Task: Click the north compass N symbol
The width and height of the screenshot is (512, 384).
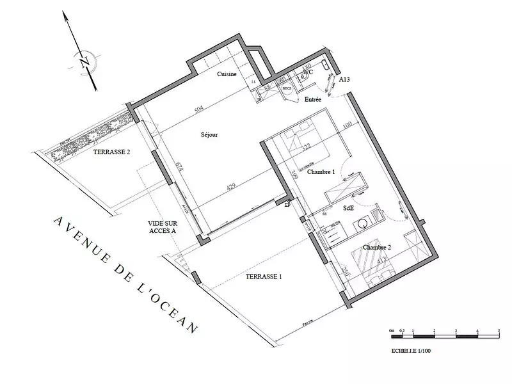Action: (x=84, y=62)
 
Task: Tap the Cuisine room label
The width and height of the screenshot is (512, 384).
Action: (x=227, y=74)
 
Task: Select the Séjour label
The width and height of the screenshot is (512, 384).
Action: (x=209, y=135)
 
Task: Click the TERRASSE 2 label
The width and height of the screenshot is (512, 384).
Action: (x=112, y=152)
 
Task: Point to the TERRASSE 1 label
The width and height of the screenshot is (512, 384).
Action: (x=264, y=277)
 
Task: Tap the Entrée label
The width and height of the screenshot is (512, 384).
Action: (x=313, y=99)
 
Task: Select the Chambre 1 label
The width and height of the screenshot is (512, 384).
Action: (x=321, y=173)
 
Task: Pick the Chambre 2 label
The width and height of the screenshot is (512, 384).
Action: (x=376, y=246)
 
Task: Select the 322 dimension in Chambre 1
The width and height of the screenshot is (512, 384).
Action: (x=306, y=148)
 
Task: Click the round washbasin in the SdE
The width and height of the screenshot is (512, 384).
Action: (x=364, y=224)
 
